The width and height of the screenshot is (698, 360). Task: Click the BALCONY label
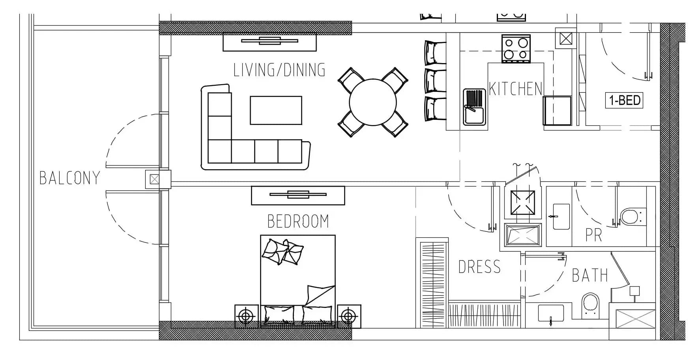[x=70, y=178]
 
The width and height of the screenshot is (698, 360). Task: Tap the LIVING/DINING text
[x=279, y=70]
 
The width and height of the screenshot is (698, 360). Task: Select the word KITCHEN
[x=515, y=89]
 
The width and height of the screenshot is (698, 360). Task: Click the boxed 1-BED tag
[x=625, y=100]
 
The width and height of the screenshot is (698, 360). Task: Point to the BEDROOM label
[x=298, y=221]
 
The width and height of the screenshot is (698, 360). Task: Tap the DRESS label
[x=479, y=267]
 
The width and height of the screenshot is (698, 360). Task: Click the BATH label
[x=590, y=275]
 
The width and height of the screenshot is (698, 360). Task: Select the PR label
[x=593, y=235]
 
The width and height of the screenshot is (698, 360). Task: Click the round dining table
[x=372, y=102]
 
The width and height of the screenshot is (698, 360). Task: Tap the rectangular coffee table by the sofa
[x=276, y=110]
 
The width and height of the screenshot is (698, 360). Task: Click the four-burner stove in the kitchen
[x=516, y=48]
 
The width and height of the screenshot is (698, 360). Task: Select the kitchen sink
[x=474, y=107]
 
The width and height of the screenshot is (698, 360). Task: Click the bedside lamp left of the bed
[x=247, y=316]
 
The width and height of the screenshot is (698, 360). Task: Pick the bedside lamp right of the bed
[x=349, y=316]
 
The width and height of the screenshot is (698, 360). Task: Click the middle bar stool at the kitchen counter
[x=435, y=80]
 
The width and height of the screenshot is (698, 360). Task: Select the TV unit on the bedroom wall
[x=298, y=195]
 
